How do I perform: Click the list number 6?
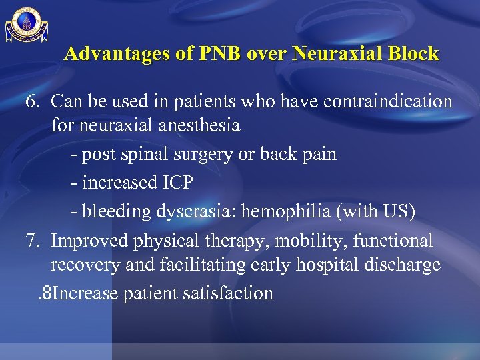(x=33, y=102)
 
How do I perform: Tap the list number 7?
(x=33, y=241)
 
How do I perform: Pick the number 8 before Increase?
(x=46, y=293)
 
